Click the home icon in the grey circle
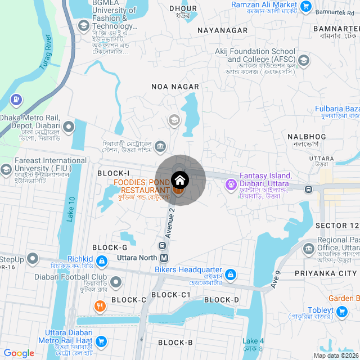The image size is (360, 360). (180, 181)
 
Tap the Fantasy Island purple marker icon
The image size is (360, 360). (231, 184)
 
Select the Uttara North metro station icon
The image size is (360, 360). (164, 258)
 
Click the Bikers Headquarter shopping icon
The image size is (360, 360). (229, 274)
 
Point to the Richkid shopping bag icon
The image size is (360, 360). (102, 261)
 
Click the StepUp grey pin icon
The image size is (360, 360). (33, 259)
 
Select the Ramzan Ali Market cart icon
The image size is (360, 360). (306, 7)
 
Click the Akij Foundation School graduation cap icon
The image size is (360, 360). (304, 60)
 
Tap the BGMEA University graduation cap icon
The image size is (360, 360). (84, 26)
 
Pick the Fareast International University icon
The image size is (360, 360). (6, 169)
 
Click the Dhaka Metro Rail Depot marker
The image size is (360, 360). (69, 127)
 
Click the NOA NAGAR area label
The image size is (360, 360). (175, 86)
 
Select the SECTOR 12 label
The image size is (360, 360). (337, 226)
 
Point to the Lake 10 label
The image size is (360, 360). (71, 208)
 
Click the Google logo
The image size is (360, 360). (19, 353)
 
